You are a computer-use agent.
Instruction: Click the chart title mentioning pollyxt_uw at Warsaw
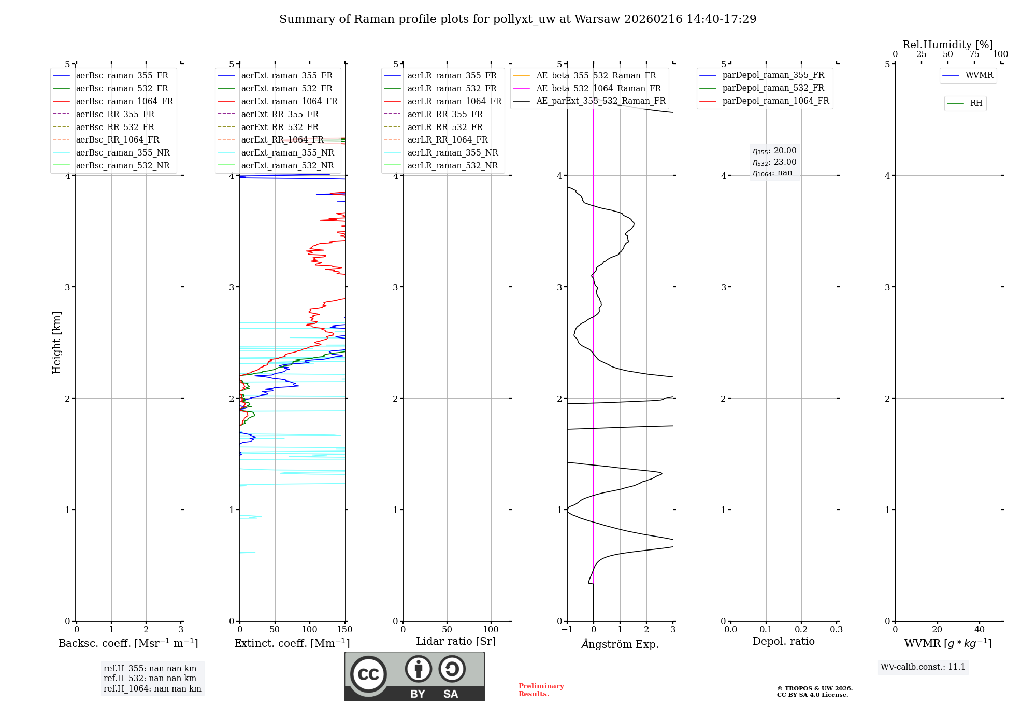pos(517,19)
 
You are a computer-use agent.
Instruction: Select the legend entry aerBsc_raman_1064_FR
pos(124,101)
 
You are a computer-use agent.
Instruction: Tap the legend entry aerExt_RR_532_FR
pos(280,127)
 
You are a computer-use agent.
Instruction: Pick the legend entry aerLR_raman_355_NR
pos(452,152)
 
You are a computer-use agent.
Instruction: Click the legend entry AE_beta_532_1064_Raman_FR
pos(598,88)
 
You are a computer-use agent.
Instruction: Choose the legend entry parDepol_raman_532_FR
pos(773,88)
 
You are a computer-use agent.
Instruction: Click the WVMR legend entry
pos(979,75)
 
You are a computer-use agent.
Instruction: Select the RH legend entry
pos(976,103)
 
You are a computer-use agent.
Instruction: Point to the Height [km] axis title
pos(56,343)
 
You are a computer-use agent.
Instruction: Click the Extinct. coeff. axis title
pos(292,643)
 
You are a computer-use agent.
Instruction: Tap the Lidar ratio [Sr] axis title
pos(456,641)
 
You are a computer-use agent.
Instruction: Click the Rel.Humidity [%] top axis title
pos(947,45)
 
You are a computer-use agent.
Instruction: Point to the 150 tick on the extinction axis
pos(344,630)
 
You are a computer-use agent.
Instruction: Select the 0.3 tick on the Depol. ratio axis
pos(836,630)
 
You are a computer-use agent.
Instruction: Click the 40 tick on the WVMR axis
pos(979,630)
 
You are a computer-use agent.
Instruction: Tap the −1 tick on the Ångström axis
pos(567,630)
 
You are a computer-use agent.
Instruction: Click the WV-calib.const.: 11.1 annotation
pos(923,667)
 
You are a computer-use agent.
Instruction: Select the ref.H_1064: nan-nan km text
pos(152,689)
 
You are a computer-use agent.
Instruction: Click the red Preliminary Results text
pos(541,690)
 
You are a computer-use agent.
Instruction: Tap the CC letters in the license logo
pos(368,674)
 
